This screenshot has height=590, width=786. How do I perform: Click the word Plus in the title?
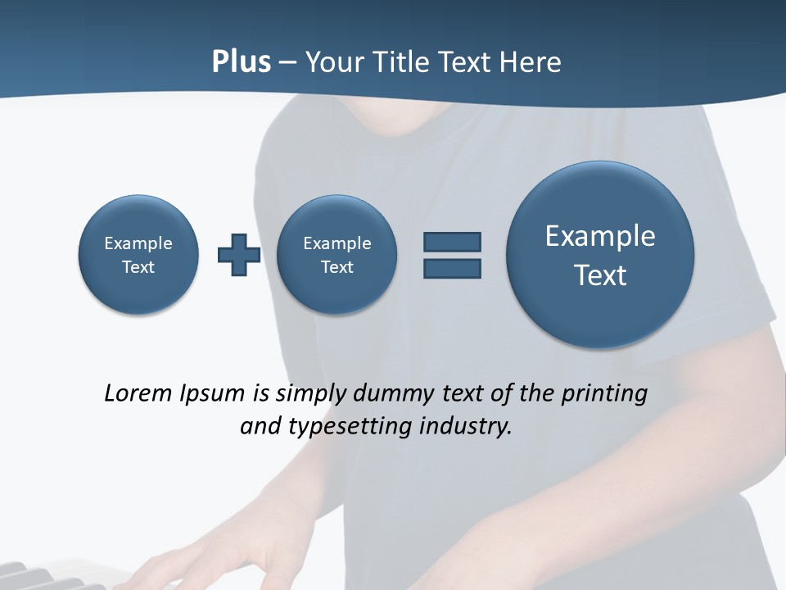click(241, 62)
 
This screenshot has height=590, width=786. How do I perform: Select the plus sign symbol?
click(239, 255)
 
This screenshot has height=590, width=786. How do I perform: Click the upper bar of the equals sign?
click(452, 242)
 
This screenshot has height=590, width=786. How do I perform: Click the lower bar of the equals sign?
click(452, 268)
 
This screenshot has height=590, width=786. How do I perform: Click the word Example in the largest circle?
click(600, 236)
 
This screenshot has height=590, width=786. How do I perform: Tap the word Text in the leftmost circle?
click(138, 267)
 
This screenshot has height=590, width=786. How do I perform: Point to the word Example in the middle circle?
click(337, 243)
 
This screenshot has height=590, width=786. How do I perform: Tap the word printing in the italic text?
click(603, 393)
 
